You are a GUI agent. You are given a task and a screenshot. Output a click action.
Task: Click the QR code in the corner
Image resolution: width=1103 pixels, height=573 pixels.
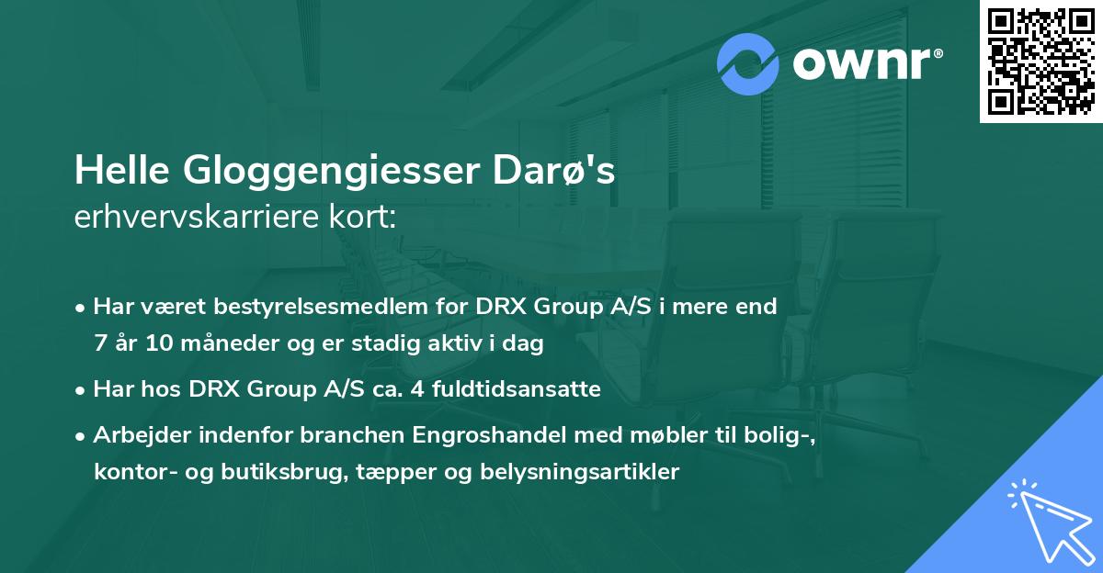tap(1040, 61)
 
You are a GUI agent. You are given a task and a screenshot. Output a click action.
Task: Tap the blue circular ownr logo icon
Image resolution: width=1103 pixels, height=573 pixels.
tap(749, 64)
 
